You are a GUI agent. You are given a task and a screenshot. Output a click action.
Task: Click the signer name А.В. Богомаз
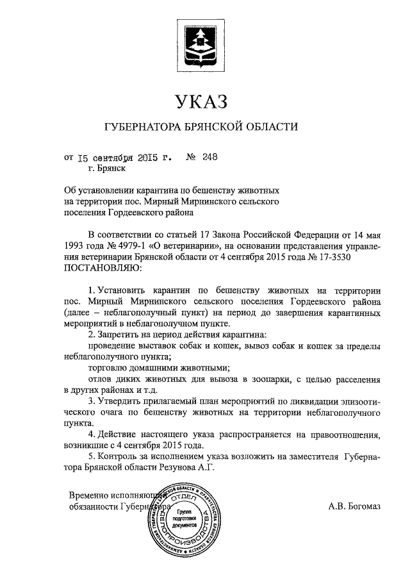[x=354, y=506]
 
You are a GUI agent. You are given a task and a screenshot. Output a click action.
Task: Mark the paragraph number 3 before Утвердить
[x=92, y=401]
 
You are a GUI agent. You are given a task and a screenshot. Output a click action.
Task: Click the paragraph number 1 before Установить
[x=92, y=290]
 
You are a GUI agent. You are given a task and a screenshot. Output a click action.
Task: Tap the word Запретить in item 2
[x=120, y=334]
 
